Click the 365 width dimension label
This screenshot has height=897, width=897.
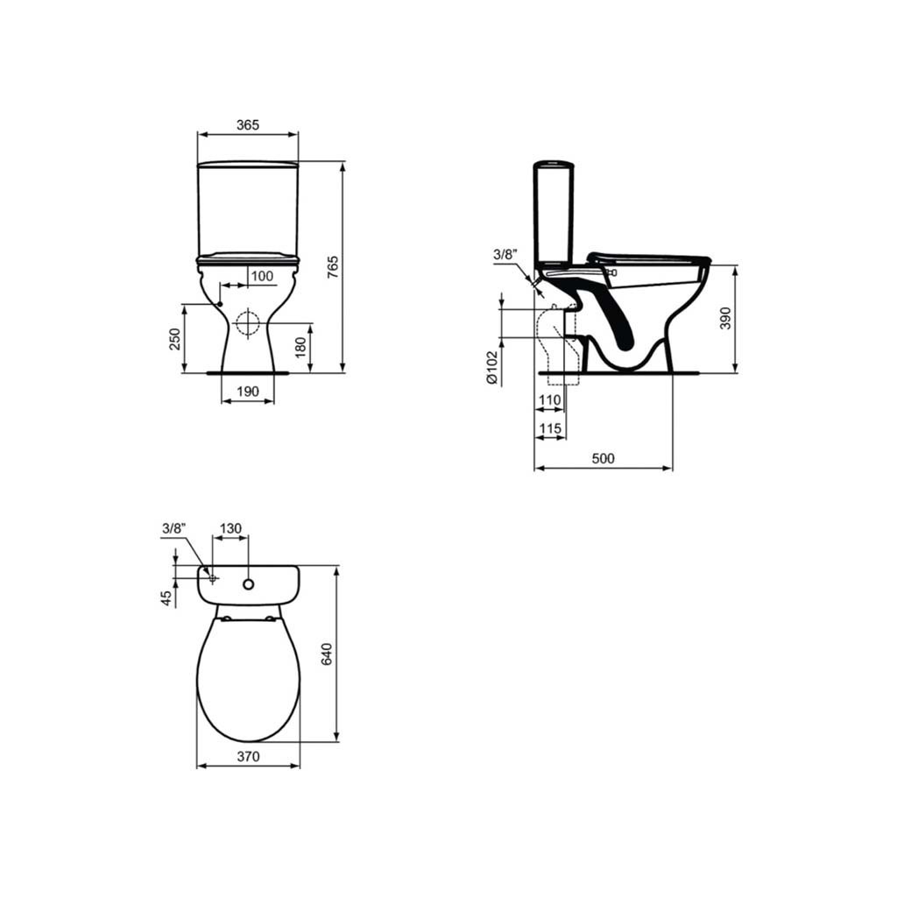coord(248,124)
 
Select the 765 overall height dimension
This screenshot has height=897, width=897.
coord(332,267)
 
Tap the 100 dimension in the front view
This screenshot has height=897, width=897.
coord(262,276)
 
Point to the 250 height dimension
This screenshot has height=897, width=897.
coord(175,339)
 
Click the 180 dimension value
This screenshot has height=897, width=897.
coord(300,347)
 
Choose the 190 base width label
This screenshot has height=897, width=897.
coord(248,392)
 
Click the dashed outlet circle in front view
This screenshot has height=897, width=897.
coord(248,323)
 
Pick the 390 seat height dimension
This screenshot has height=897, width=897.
coord(725,318)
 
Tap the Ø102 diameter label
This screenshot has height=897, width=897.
coord(492,367)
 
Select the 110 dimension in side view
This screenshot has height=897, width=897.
coord(550,400)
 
